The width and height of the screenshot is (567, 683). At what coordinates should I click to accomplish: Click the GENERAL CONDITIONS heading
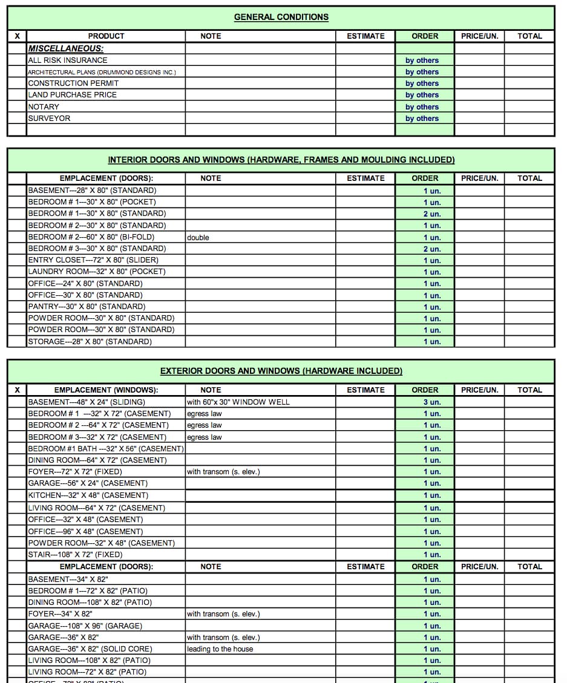point(281,17)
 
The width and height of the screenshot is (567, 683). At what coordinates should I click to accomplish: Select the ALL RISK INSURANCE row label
point(68,60)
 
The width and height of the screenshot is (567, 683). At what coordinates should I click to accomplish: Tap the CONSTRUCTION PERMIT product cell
point(73,83)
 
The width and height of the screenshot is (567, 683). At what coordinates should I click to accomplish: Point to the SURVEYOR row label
point(49,118)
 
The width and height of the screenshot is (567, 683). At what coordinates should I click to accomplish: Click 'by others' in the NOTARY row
point(422,106)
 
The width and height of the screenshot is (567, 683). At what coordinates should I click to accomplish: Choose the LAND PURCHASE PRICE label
point(72,94)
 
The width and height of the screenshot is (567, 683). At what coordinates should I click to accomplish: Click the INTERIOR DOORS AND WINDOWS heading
point(281,160)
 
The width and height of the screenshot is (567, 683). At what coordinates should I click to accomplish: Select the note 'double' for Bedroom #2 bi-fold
point(198,237)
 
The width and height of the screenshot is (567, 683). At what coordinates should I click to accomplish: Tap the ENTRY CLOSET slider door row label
point(93,260)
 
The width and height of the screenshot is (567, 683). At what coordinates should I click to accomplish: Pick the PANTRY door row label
point(87,306)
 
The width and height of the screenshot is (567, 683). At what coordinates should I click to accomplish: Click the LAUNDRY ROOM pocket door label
point(97,271)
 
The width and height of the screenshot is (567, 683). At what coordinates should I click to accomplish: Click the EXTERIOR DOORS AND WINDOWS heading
point(281,371)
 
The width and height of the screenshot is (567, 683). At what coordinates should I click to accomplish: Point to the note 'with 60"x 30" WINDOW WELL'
point(238,402)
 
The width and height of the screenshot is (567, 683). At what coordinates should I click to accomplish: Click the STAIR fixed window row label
point(75,554)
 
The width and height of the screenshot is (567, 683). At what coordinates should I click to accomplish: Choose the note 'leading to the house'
point(220,649)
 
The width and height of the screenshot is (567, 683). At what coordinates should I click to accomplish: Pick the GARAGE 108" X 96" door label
point(85,626)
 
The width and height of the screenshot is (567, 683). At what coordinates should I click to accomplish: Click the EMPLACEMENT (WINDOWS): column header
point(106,390)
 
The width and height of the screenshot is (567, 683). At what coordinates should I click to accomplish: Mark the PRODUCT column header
point(106,36)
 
